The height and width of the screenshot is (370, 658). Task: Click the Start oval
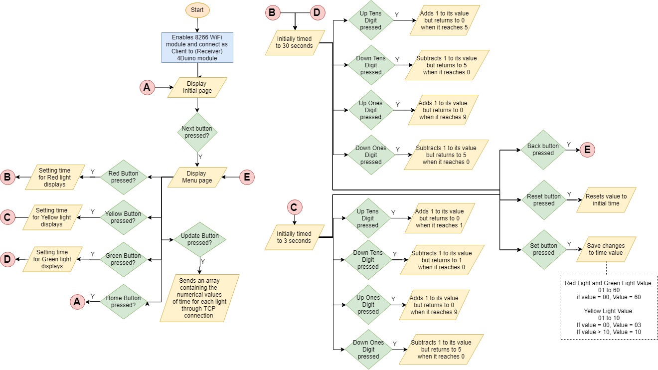[x=198, y=10]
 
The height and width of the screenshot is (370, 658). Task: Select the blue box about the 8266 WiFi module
[x=197, y=47]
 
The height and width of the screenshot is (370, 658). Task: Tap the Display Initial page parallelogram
[x=197, y=87]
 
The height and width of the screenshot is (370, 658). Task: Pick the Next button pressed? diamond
[x=197, y=132]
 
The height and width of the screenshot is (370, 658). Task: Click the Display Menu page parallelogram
[x=197, y=177]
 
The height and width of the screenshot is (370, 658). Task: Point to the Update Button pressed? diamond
[x=199, y=239]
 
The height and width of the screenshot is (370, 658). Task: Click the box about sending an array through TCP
[x=197, y=298]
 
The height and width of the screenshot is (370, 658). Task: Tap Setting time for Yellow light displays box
[x=52, y=217]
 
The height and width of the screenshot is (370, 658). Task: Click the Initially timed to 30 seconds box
[x=295, y=42]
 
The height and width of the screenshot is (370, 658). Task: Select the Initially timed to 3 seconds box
[x=294, y=237]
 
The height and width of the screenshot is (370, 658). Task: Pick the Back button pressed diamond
[x=543, y=150]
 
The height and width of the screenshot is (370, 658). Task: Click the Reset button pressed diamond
[x=543, y=200]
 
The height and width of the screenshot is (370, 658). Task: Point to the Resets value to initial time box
[x=606, y=200]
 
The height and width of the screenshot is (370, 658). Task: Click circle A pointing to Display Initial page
[x=147, y=88]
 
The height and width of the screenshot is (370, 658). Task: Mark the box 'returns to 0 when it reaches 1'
[x=439, y=218]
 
